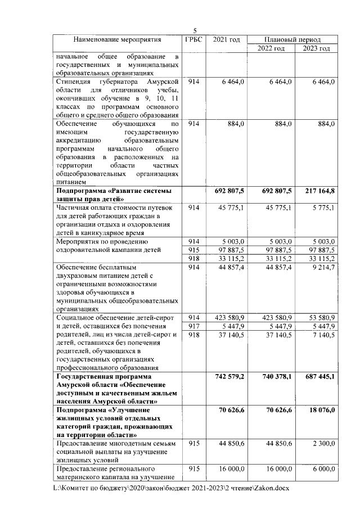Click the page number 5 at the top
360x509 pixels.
(x=195, y=31)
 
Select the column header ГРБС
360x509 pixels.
(x=193, y=40)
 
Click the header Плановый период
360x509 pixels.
(x=292, y=40)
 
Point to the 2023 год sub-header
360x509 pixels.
(x=316, y=49)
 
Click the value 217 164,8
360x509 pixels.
(x=317, y=192)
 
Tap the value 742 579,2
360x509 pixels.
(x=226, y=376)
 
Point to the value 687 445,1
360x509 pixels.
(x=317, y=376)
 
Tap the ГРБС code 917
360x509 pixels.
(x=193, y=327)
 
